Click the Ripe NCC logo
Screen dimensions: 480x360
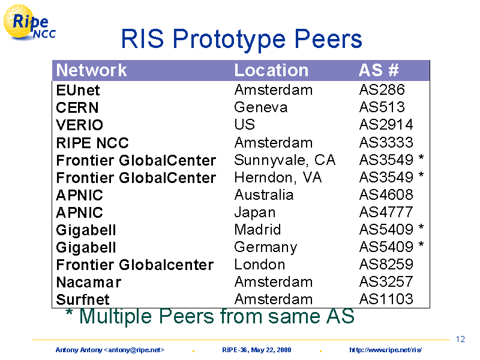click(x=29, y=23)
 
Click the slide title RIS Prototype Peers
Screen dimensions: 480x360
click(x=242, y=40)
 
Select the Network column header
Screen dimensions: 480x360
click(x=91, y=70)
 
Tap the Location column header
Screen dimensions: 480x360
click(x=271, y=70)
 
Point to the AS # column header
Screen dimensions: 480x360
click(x=379, y=70)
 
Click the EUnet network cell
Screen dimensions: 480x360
click(x=78, y=91)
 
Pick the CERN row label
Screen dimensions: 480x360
click(x=77, y=108)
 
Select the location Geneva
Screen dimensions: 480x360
click(x=261, y=107)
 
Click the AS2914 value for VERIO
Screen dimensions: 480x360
click(x=386, y=125)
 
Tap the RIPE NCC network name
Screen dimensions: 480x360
click(x=92, y=143)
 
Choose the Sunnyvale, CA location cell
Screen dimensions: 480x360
click(x=284, y=160)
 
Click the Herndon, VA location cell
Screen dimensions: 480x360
click(x=278, y=178)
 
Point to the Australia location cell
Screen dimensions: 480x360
click(x=264, y=195)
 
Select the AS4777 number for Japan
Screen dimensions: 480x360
click(x=386, y=212)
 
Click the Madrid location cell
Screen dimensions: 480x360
click(x=257, y=230)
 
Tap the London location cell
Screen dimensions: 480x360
click(x=260, y=265)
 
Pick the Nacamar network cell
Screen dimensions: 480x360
click(x=89, y=282)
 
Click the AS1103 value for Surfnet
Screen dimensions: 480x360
click(x=386, y=299)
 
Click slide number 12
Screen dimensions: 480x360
click(x=460, y=339)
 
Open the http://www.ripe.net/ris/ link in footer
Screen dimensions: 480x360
click(x=386, y=350)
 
